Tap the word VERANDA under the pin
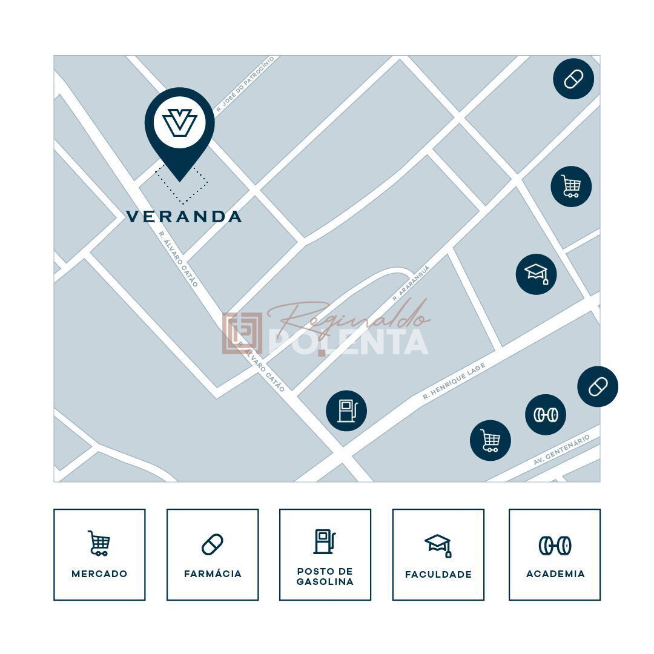(184, 216)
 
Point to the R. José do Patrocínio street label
(245, 84)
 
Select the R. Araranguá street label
(411, 283)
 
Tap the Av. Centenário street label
(561, 450)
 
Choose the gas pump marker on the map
(346, 411)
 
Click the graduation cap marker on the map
(536, 274)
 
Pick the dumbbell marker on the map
(545, 415)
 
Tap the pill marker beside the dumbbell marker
(597, 386)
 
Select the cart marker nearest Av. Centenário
(490, 440)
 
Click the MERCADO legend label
(99, 573)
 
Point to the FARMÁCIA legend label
(213, 573)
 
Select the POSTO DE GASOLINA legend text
(325, 576)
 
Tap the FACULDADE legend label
(438, 574)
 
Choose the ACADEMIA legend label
(555, 573)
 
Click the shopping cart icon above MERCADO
(99, 543)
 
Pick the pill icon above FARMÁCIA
(213, 544)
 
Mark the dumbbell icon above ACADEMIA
(555, 546)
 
